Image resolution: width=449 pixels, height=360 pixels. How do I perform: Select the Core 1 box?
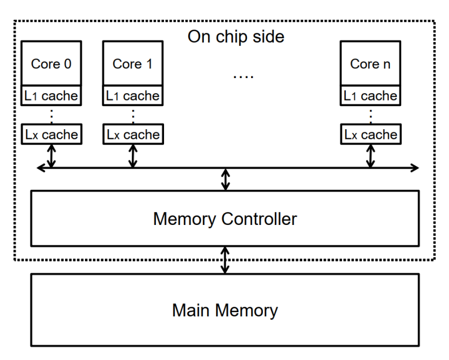click(x=132, y=63)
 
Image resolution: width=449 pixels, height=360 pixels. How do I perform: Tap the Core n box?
click(x=370, y=63)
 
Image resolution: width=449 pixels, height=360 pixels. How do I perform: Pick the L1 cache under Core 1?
click(x=132, y=96)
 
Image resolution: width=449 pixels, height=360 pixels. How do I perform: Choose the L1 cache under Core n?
click(x=370, y=96)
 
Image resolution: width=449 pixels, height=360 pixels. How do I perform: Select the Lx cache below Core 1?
click(x=132, y=134)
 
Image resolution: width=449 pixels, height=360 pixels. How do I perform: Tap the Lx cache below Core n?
click(x=370, y=134)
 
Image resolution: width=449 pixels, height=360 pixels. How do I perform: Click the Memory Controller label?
click(x=225, y=219)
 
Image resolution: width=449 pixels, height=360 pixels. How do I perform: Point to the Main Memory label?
click(x=225, y=310)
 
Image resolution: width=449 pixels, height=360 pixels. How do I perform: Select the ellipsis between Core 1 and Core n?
click(x=243, y=76)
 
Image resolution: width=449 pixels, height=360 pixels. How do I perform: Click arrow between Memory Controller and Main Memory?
click(x=226, y=260)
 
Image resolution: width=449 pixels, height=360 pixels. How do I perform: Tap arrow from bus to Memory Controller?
click(x=226, y=179)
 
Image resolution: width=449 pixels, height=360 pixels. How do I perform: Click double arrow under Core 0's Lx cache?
click(x=52, y=156)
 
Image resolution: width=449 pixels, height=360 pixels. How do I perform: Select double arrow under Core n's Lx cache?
click(x=370, y=156)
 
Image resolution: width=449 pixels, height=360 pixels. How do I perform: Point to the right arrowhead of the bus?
click(x=415, y=168)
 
